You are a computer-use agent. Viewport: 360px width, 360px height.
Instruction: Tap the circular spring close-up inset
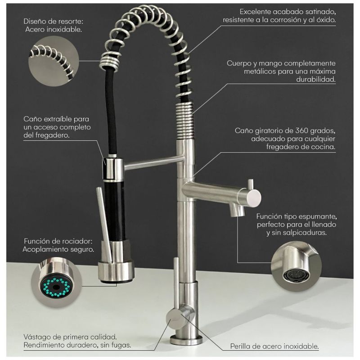tap(54, 62)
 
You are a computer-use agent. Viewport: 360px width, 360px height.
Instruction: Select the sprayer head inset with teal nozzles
tap(57, 283)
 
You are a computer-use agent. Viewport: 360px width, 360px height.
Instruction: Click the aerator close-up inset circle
tap(296, 266)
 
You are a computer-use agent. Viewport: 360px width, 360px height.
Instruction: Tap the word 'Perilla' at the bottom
tap(241, 346)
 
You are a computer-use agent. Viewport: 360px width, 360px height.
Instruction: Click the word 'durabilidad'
tap(316, 80)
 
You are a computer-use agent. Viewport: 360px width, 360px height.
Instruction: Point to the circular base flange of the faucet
tap(186, 339)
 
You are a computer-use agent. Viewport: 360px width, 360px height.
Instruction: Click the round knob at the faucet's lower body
tap(175, 319)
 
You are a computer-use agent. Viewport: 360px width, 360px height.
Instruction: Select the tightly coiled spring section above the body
tap(185, 121)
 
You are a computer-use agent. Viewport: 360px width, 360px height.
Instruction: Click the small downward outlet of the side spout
tap(237, 210)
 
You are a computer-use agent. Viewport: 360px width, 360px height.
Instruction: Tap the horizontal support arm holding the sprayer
tap(154, 162)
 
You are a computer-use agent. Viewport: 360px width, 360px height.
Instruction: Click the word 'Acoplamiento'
tap(45, 250)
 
